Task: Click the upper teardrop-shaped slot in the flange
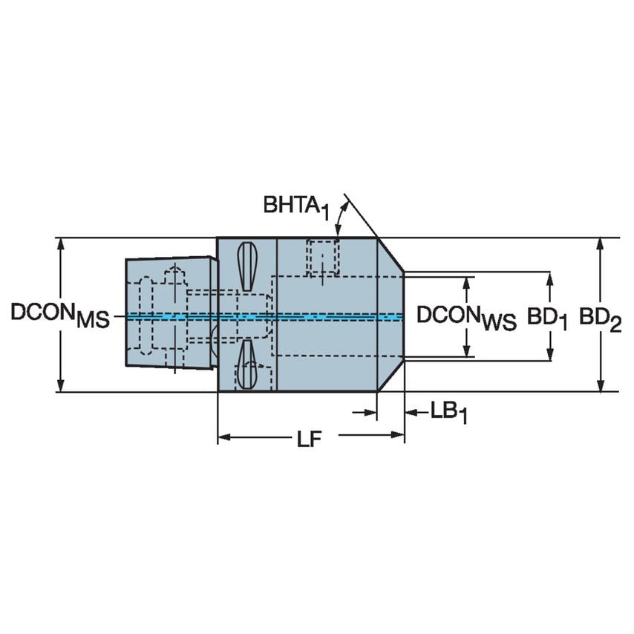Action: point(246,267)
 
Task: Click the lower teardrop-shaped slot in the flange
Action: point(246,365)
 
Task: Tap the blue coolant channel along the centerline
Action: point(334,316)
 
